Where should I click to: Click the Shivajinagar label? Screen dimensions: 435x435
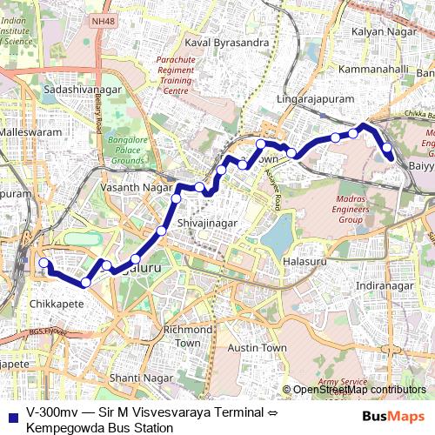click(207, 224)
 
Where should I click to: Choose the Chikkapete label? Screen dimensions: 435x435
click(56, 304)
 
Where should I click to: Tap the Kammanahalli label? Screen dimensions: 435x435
click(375, 67)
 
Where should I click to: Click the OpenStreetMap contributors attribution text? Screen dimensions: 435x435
click(358, 390)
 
